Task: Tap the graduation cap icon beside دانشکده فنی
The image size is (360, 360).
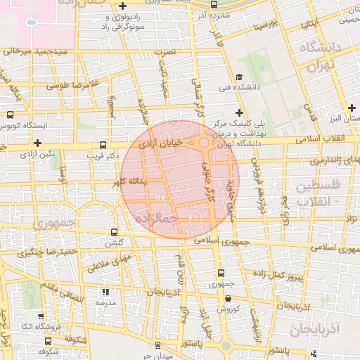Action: [x=240, y=77]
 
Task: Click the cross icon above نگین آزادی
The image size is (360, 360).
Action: [x=37, y=143]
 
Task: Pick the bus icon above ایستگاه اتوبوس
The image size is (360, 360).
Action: [x=11, y=115]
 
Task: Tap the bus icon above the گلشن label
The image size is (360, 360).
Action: [x=114, y=231]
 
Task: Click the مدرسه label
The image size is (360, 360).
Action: [x=105, y=302]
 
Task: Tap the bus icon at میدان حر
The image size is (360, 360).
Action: [x=157, y=345]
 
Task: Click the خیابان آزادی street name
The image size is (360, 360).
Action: [x=162, y=143]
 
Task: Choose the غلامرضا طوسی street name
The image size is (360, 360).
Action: [x=71, y=85]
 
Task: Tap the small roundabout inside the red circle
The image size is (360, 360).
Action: [x=203, y=143]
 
